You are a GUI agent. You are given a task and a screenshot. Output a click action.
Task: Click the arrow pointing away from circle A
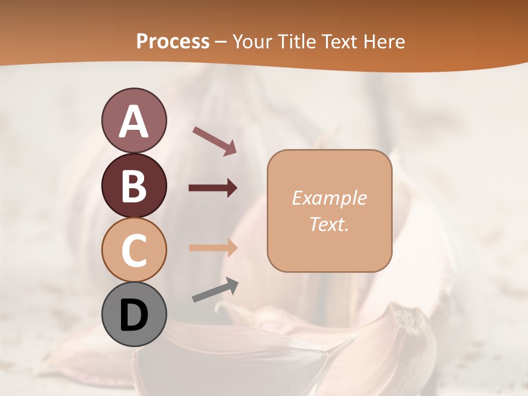(x=215, y=140)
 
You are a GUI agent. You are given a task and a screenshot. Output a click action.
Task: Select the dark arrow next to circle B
(x=213, y=188)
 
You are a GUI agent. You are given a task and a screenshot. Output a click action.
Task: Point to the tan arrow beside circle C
(x=213, y=248)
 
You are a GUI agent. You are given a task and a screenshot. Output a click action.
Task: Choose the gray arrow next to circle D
(x=216, y=290)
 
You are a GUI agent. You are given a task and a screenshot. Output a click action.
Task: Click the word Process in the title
(x=173, y=41)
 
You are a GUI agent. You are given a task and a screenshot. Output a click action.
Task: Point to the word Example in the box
(x=329, y=198)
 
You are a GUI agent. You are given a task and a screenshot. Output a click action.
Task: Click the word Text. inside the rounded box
(x=329, y=224)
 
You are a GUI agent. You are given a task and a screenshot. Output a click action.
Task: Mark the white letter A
(x=134, y=122)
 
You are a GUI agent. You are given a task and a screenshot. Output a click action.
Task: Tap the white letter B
(x=134, y=186)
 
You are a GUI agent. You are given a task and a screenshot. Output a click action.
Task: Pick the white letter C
(x=134, y=250)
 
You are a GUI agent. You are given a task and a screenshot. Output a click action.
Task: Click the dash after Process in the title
(x=221, y=42)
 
